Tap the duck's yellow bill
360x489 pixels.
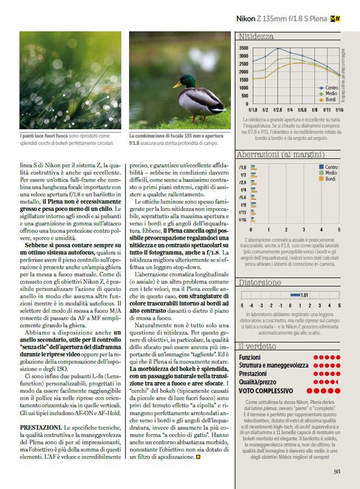click(175, 84)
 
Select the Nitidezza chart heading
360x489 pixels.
click(256, 37)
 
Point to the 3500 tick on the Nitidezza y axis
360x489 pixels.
click(243, 48)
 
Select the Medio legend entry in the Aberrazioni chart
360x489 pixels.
click(329, 173)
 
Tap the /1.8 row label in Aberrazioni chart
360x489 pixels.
click(242, 167)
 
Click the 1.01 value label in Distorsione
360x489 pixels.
click(306, 295)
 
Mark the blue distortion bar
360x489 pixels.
click(293, 295)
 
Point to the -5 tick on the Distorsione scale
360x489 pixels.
click(242, 305)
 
